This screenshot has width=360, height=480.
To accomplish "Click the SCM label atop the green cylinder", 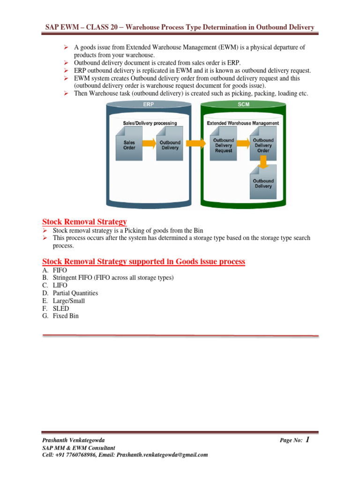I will click(x=243, y=104).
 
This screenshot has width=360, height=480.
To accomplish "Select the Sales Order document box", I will click(x=129, y=145).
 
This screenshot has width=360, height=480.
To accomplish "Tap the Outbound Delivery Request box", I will click(x=224, y=145).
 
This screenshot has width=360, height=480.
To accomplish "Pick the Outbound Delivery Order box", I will click(x=263, y=145).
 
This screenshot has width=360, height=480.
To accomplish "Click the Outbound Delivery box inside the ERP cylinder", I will click(x=170, y=145).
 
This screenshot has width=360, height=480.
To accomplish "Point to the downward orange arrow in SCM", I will click(x=263, y=162).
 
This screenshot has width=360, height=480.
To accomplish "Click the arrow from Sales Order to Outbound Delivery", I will click(x=149, y=143).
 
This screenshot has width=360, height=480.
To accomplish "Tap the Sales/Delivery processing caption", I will click(x=150, y=123).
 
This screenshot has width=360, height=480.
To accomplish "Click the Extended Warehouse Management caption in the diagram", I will click(x=243, y=123).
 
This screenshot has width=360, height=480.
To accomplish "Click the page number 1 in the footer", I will click(x=307, y=439).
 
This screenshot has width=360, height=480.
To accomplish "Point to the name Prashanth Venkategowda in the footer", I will click(x=74, y=441).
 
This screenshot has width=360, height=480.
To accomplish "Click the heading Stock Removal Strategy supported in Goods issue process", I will click(x=143, y=262).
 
